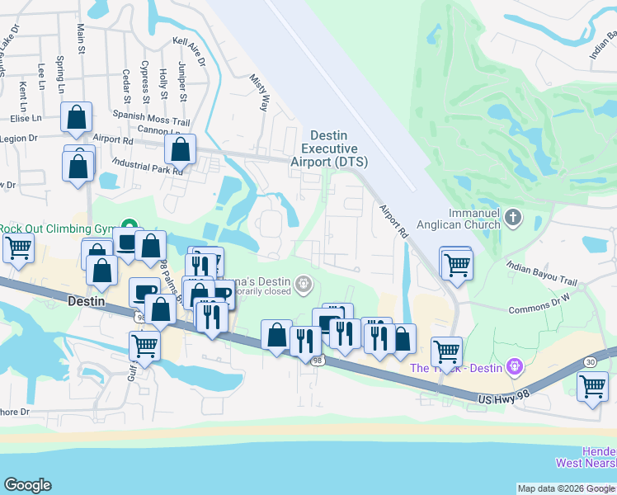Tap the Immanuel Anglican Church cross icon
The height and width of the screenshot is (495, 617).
coord(513,218)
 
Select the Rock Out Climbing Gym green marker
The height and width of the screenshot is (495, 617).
coord(130,226)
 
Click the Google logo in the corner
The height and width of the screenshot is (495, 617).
coord(27,485)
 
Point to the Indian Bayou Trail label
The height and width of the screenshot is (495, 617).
coord(541,266)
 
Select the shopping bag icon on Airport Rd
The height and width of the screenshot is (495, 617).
coord(181,150)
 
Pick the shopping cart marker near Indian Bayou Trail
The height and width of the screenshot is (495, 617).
coord(456,264)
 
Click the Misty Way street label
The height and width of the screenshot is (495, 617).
coord(261,92)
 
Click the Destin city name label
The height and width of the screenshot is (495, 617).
coord(86,301)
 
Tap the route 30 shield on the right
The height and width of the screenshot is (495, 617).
coord(590,361)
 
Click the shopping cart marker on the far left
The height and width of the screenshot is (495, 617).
coord(17,247)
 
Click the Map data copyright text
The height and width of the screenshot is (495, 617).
coord(566,488)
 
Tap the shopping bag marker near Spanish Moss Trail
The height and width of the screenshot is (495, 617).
coord(76,120)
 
